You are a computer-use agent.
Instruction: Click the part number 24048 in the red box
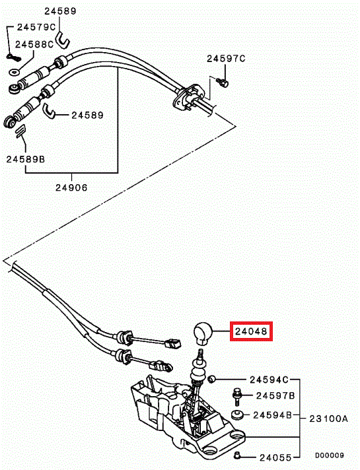pyautogui.click(x=251, y=331)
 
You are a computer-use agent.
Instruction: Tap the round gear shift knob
pyautogui.click(x=203, y=333)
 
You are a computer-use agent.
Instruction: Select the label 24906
pyautogui.click(x=71, y=187)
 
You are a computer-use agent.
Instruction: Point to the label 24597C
pyautogui.click(x=226, y=59)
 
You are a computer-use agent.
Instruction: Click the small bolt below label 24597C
pyautogui.click(x=224, y=83)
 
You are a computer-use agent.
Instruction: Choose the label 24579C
pyautogui.click(x=36, y=27)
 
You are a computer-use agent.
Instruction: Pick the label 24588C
pyautogui.click(x=34, y=44)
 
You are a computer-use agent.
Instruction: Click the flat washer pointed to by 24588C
pyautogui.click(x=14, y=72)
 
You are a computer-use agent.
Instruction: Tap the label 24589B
pyautogui.click(x=26, y=159)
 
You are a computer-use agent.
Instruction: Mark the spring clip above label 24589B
pyautogui.click(x=20, y=131)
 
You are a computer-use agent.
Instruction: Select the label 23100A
pyautogui.click(x=328, y=418)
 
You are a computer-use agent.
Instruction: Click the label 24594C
pyautogui.click(x=269, y=380)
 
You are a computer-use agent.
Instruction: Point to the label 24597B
pyautogui.click(x=275, y=395)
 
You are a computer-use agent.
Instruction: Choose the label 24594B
pyautogui.click(x=272, y=415)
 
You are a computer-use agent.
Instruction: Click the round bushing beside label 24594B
pyautogui.click(x=237, y=415)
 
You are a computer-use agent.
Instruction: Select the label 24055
pyautogui.click(x=275, y=457)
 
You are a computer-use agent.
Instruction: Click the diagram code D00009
pyautogui.click(x=330, y=455)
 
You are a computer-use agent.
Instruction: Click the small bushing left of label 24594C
pyautogui.click(x=212, y=379)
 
